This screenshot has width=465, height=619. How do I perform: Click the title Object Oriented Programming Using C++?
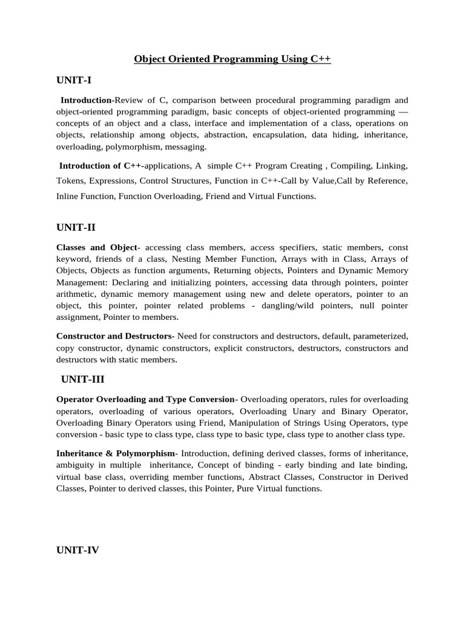coord(232,59)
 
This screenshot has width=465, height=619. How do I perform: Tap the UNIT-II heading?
coord(76,227)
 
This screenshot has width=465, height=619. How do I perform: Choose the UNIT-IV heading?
coord(77,550)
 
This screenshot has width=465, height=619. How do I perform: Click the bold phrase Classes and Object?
coord(97,247)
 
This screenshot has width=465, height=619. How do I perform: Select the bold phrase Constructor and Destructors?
coord(114,336)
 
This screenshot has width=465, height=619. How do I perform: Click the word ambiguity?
coord(75,465)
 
